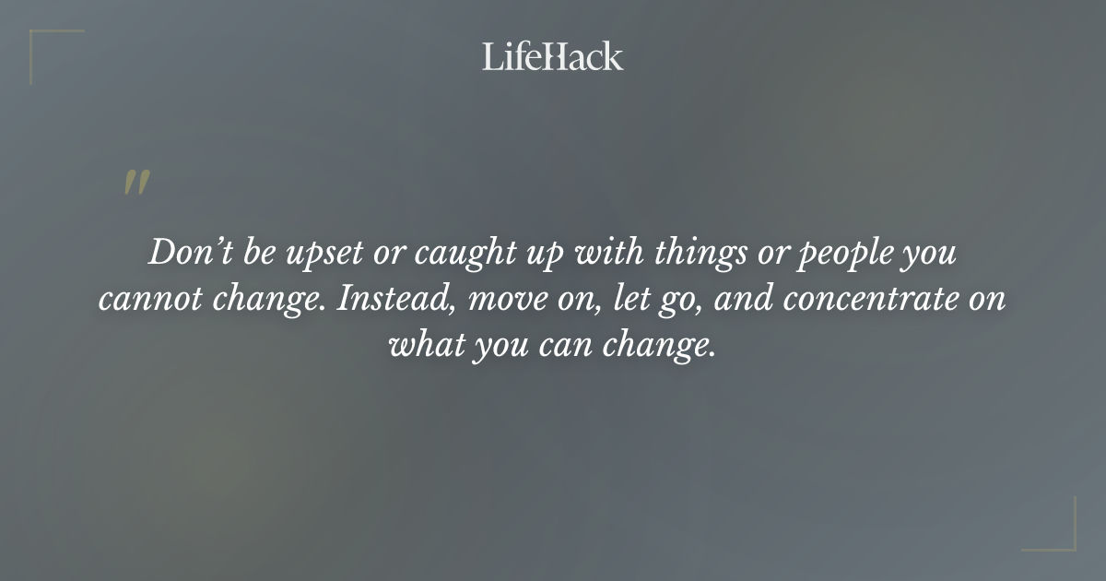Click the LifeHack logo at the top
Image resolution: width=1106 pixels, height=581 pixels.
pos(553,56)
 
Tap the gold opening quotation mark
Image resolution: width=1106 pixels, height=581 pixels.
pos(136,183)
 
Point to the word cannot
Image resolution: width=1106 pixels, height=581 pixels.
pos(150,301)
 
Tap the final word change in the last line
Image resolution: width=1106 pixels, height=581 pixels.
pos(665,348)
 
